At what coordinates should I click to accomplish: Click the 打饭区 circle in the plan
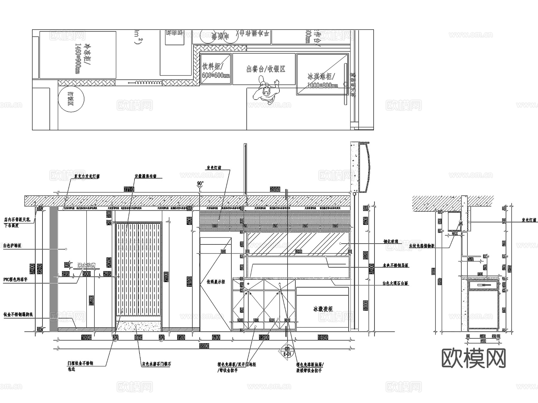(x=71, y=99)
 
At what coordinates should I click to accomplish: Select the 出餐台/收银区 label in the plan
(x=266, y=69)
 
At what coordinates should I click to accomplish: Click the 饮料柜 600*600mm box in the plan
(x=215, y=69)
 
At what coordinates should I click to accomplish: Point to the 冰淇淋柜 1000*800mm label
(x=322, y=80)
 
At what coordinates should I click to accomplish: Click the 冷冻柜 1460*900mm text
(x=82, y=59)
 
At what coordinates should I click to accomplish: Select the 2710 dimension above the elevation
(x=129, y=189)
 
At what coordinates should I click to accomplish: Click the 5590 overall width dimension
(x=204, y=346)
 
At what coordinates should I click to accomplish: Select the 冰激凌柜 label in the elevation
(x=323, y=309)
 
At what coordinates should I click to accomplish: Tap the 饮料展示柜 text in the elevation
(x=216, y=282)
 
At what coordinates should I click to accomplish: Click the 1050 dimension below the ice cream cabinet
(x=323, y=337)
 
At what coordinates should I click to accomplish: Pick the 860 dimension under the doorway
(x=138, y=337)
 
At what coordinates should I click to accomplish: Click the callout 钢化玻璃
(x=391, y=241)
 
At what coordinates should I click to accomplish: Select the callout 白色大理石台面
(x=395, y=283)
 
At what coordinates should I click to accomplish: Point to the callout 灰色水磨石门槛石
(x=156, y=364)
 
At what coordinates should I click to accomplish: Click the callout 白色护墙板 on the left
(x=12, y=246)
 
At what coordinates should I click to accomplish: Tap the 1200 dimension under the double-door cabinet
(x=264, y=337)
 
